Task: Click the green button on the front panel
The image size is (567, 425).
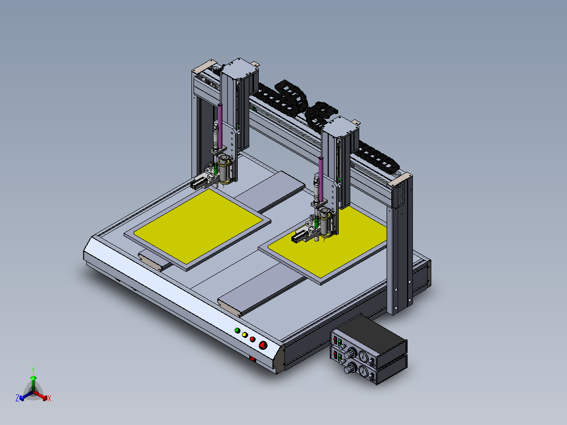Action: [x=237, y=330]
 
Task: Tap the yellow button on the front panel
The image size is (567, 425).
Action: [x=245, y=335]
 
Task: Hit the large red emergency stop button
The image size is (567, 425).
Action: [x=263, y=345]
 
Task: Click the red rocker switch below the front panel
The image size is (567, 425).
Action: [x=253, y=359]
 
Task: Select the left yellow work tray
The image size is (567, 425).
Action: [x=198, y=226]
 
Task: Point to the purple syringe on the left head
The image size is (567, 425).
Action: [x=220, y=126]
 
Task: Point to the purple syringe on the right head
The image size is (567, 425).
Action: [x=321, y=179]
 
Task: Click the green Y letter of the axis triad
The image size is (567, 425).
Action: [x=33, y=370]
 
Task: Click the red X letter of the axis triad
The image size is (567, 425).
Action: [x=49, y=398]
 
